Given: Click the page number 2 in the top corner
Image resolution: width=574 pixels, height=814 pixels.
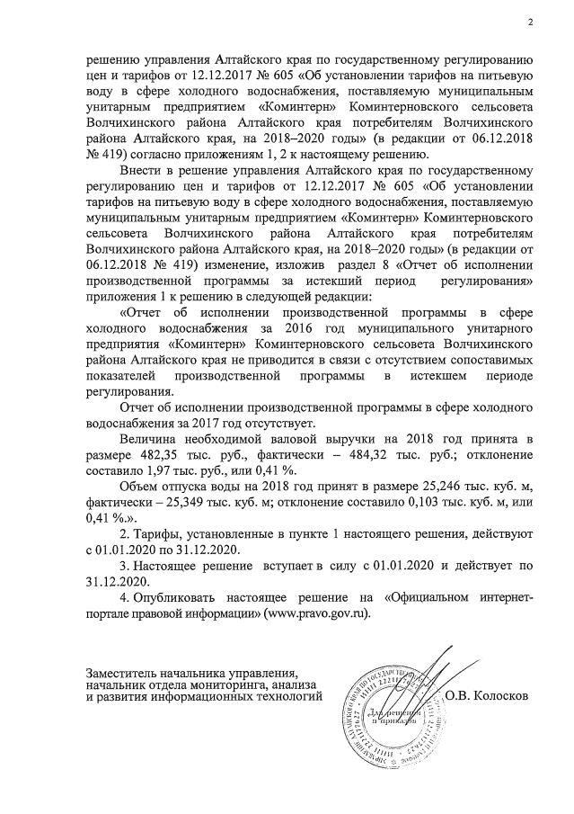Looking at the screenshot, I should point(530,22).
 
